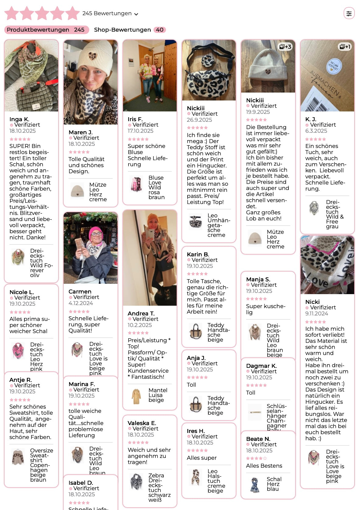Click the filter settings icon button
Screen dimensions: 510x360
pyautogui.click(x=349, y=13)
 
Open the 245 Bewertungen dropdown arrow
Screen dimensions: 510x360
pyautogui.click(x=136, y=14)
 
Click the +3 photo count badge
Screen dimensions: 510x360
pyautogui.click(x=285, y=47)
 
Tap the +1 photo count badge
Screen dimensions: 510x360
pyautogui.click(x=345, y=47)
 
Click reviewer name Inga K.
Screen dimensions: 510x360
pyautogui.click(x=19, y=119)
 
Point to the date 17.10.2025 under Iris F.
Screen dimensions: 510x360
pyautogui.click(x=140, y=131)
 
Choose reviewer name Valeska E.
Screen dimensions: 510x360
pyautogui.click(x=142, y=423)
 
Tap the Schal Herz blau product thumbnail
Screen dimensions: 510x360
pyautogui.click(x=255, y=485)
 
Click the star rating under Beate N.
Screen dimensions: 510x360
pyautogui.click(x=256, y=458)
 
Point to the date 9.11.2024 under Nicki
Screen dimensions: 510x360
pyautogui.click(x=316, y=314)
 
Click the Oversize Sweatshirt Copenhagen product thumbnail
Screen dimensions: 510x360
pyautogui.click(x=18, y=456)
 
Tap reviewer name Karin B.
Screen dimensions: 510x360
pyautogui.click(x=198, y=254)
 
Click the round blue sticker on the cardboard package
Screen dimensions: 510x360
pyautogui.click(x=334, y=66)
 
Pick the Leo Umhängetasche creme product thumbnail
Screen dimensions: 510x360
pyautogui.click(x=196, y=221)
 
